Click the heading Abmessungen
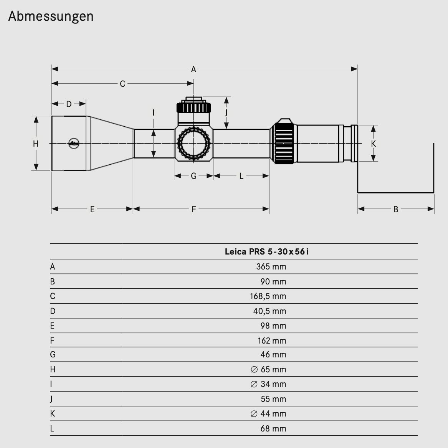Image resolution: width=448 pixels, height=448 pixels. click(x=51, y=16)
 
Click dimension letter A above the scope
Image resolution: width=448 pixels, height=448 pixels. click(x=193, y=69)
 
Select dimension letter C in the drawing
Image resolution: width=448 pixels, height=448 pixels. click(x=122, y=84)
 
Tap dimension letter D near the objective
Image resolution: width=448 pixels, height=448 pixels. click(x=69, y=104)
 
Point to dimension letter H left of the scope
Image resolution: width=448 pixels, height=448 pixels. click(x=36, y=144)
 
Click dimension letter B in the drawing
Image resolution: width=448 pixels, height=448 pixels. click(x=395, y=210)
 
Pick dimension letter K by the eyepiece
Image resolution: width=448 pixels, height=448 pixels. click(x=373, y=144)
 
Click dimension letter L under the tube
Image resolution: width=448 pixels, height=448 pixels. click(x=241, y=176)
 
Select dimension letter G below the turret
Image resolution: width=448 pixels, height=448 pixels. click(x=193, y=176)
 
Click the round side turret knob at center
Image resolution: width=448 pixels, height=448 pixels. click(x=194, y=143)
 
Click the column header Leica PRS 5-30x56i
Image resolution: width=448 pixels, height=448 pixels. click(x=266, y=252)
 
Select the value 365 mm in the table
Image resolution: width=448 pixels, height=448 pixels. click(x=271, y=267)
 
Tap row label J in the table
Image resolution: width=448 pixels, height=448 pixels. click(x=51, y=399)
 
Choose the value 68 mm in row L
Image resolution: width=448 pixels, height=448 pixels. click(x=273, y=429)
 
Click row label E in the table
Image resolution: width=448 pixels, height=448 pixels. click(x=52, y=326)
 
